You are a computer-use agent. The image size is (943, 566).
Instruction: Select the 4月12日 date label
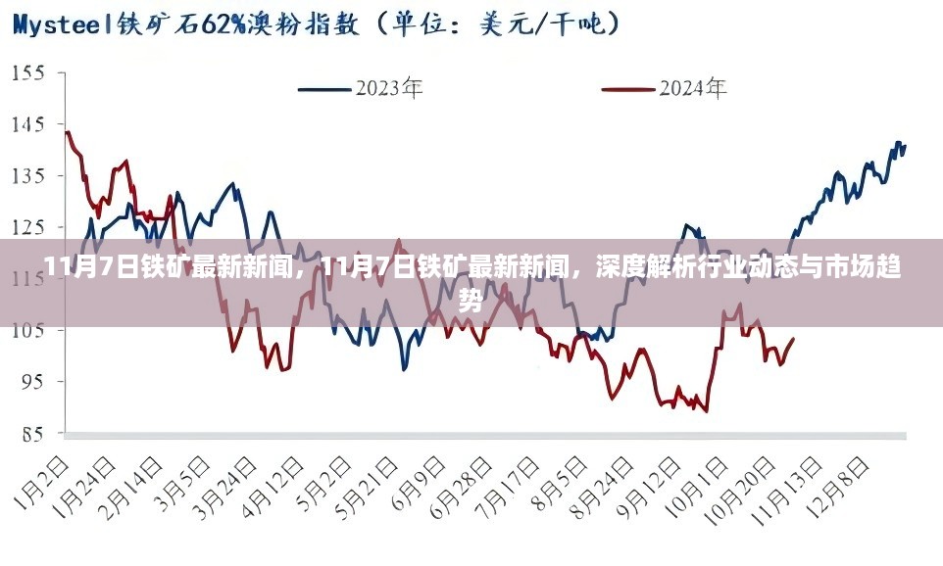click(x=282, y=487)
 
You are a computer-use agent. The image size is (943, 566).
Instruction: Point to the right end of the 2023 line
click(x=905, y=146)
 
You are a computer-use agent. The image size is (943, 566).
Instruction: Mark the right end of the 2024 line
click(x=794, y=339)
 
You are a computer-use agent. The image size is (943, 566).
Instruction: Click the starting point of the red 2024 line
click(x=66, y=131)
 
